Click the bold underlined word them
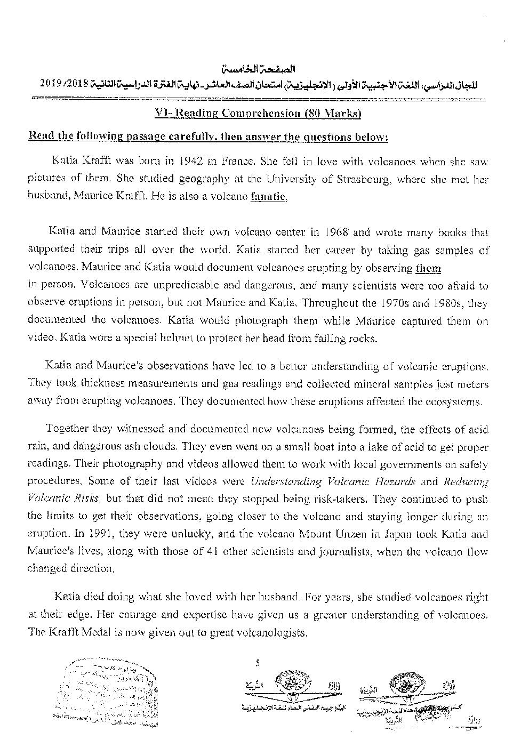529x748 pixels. click(428, 268)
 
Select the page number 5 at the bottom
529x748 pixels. click(258, 663)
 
